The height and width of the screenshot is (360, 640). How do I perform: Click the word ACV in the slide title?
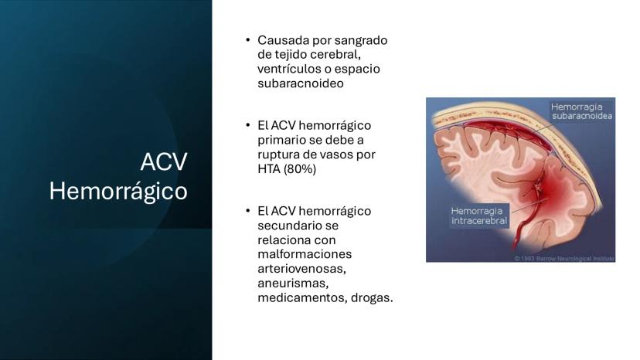tap(164, 161)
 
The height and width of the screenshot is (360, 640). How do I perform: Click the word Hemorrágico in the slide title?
tap(118, 192)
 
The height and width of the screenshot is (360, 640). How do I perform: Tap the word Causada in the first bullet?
tap(283, 40)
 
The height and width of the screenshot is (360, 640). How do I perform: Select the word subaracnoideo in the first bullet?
tap(301, 83)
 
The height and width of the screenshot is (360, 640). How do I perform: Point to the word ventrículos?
tap(289, 69)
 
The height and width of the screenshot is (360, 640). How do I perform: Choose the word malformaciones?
tap(305, 254)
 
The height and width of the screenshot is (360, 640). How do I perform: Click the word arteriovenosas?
tap(301, 269)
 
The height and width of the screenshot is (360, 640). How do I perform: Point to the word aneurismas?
tap(293, 284)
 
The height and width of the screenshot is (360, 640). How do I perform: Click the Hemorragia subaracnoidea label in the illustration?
tap(581, 111)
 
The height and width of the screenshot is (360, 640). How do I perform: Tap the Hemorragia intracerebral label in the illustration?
tap(479, 216)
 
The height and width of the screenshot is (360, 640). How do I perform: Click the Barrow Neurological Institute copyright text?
tap(564, 258)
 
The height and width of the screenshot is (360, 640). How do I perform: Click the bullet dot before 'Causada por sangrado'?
tap(248, 40)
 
